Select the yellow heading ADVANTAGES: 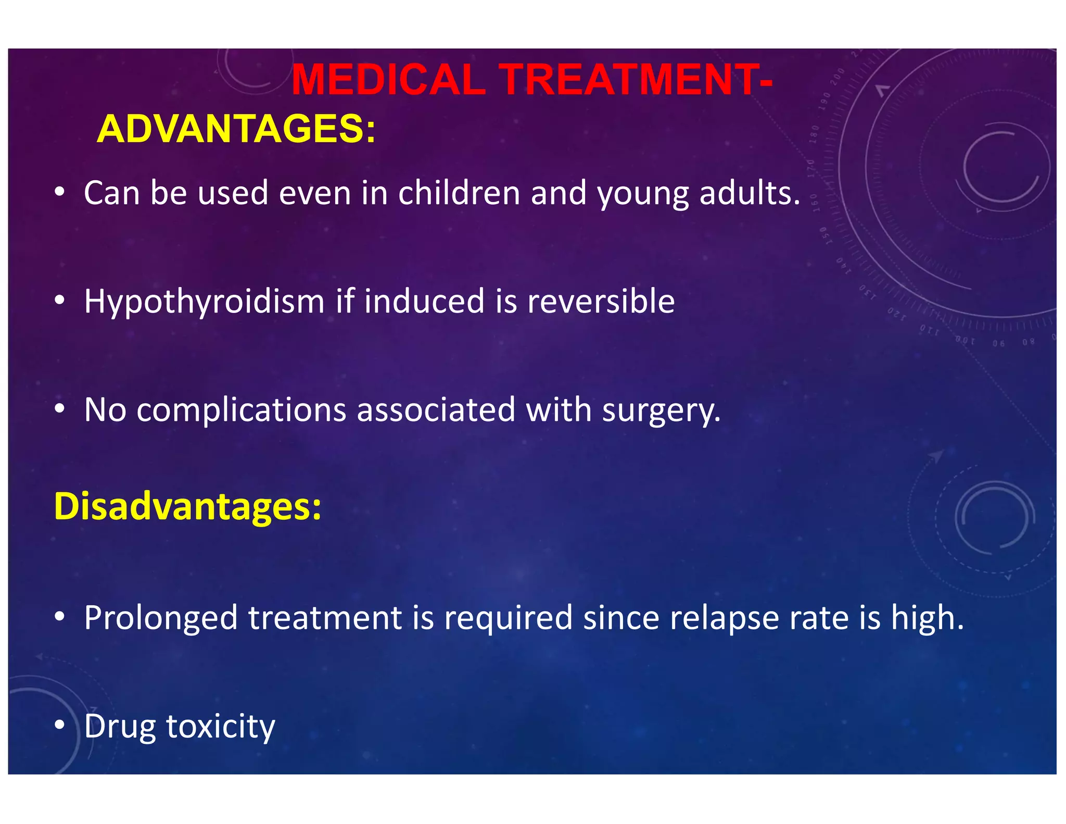[236, 129]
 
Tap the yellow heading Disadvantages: [187, 506]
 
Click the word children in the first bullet [459, 193]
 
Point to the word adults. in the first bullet [750, 193]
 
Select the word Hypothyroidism [204, 302]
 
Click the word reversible [601, 302]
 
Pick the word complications [241, 410]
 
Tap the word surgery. [661, 411]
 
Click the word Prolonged [160, 618]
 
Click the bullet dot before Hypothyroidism [60, 301]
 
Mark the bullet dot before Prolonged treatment [60, 617]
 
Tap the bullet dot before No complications [60, 409]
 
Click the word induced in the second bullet [424, 302]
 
